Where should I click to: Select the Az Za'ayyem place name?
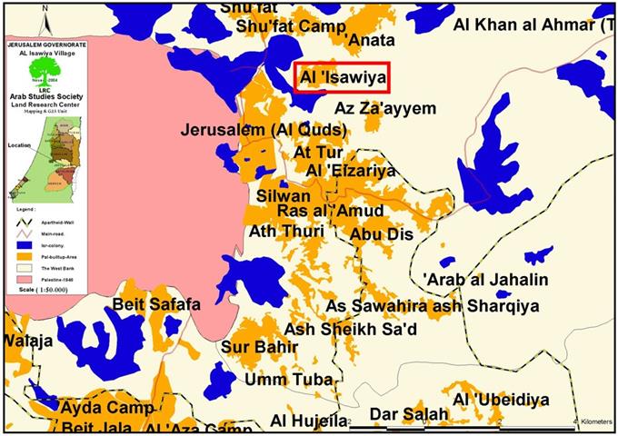[x=385, y=108]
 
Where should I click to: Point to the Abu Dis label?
[x=380, y=233]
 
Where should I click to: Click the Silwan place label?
[x=284, y=195]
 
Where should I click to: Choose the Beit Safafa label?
[x=157, y=305]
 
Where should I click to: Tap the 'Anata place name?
[x=367, y=39]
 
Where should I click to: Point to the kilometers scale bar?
[x=473, y=423]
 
